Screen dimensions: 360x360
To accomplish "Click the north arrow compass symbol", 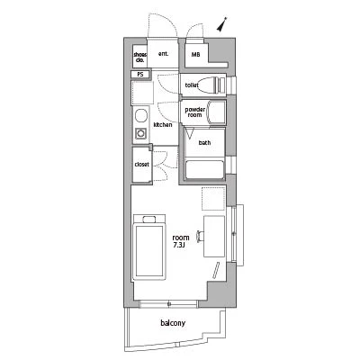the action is (x=222, y=24).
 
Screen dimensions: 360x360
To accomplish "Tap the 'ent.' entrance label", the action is (x=163, y=54).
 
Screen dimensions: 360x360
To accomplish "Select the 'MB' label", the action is (x=195, y=55).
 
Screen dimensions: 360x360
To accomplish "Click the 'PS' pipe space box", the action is (x=140, y=75).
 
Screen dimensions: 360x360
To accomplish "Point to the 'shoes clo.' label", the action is (x=140, y=57).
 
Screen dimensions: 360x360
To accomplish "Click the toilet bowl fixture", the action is (x=211, y=85).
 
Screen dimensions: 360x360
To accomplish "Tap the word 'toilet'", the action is (x=192, y=85).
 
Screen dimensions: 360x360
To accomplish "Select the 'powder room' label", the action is (x=195, y=112).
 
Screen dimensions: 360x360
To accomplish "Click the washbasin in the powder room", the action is (x=216, y=112).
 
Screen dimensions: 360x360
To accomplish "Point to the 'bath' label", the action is (x=204, y=143).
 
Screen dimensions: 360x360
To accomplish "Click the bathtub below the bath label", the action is (x=205, y=170).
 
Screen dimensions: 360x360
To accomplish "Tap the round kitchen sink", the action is (x=140, y=115).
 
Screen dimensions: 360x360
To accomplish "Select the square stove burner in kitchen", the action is (x=140, y=132).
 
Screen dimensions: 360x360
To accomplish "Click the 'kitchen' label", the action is (x=163, y=124).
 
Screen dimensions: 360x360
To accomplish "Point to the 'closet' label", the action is (x=142, y=165).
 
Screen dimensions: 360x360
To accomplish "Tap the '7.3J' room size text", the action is (x=180, y=245).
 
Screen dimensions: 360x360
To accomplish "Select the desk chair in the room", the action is (x=201, y=236).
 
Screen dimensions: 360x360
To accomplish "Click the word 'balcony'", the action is (x=173, y=323).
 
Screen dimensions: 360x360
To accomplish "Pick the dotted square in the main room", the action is (x=213, y=198).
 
